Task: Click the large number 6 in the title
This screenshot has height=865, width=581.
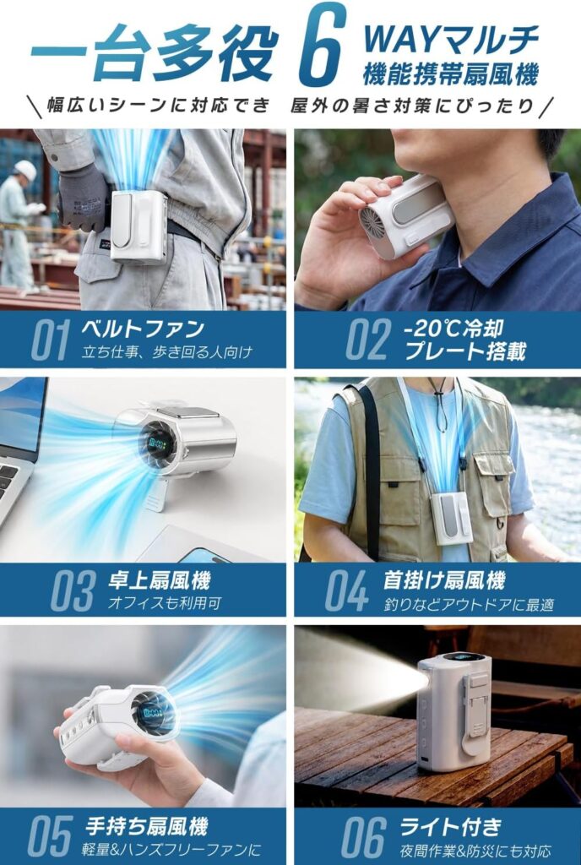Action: click(x=322, y=46)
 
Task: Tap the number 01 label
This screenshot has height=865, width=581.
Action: click(x=50, y=340)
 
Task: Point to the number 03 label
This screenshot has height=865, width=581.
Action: click(x=73, y=590)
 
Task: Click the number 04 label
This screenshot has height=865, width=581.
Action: click(x=347, y=590)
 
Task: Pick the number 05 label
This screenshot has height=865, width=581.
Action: click(x=50, y=835)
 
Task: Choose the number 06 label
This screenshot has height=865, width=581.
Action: click(x=363, y=835)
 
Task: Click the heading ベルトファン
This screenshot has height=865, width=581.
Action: click(x=143, y=329)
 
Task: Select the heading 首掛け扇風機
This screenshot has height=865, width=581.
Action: click(x=444, y=579)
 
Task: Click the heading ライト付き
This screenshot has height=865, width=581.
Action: click(x=450, y=826)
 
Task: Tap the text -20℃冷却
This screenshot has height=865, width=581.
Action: click(x=453, y=329)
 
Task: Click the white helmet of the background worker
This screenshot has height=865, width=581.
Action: click(x=24, y=170)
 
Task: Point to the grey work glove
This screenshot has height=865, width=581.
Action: click(x=83, y=197)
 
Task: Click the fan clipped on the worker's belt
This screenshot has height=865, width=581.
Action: click(x=138, y=226)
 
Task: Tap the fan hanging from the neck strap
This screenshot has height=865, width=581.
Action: click(x=452, y=519)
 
